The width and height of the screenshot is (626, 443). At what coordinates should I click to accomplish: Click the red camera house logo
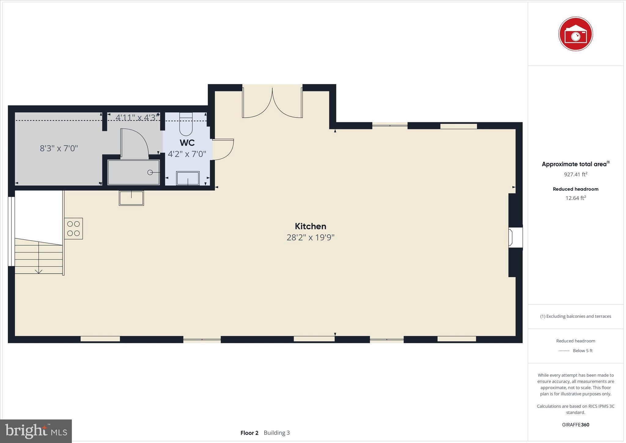pos(576,34)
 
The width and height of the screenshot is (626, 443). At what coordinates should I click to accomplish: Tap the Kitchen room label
pos(310,226)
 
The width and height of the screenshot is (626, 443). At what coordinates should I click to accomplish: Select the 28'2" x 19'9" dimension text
pos(310,238)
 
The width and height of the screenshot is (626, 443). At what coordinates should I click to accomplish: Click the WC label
pos(187,143)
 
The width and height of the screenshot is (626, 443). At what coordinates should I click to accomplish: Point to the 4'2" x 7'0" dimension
pos(187,154)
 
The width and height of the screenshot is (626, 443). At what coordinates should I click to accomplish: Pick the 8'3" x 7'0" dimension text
pos(59,148)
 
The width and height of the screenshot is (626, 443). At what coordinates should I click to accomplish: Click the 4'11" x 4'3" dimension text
pos(137,117)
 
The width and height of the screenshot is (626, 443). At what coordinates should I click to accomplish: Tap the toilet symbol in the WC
pos(186,125)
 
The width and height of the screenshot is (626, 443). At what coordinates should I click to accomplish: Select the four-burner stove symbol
pos(73,228)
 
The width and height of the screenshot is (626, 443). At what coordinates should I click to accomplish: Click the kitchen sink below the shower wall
pos(131,198)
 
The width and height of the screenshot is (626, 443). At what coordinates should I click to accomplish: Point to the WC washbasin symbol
pos(188,178)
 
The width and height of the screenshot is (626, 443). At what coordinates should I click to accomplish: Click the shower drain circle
pos(150,172)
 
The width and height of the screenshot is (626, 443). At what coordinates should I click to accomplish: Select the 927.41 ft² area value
pos(576,174)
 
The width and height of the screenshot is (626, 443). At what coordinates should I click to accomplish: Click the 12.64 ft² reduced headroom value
pos(576,198)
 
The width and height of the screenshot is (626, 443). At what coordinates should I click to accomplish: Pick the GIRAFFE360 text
pos(576,425)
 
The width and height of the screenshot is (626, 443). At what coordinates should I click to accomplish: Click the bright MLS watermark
pos(36,431)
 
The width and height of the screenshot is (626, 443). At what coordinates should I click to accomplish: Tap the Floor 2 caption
pos(249,433)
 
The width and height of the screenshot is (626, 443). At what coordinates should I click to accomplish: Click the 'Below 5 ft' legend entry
pos(582,351)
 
